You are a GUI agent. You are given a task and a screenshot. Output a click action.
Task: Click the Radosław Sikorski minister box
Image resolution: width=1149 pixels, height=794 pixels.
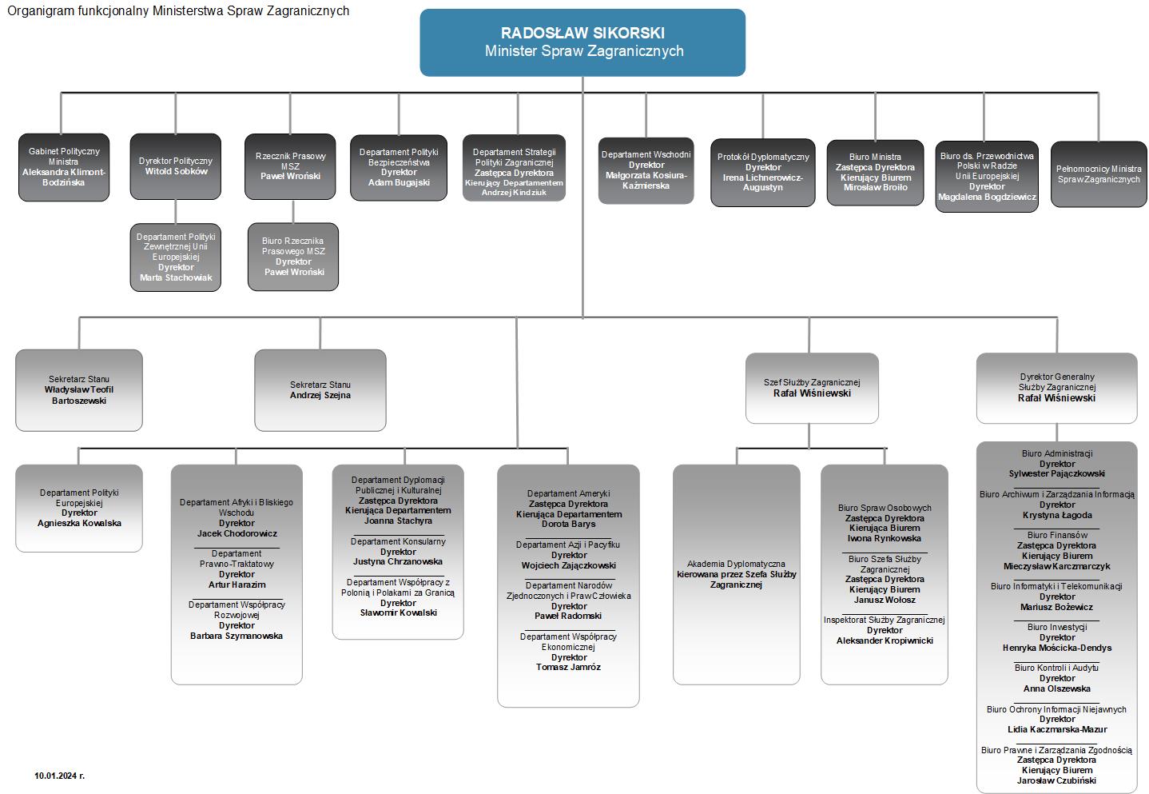tap(582, 42)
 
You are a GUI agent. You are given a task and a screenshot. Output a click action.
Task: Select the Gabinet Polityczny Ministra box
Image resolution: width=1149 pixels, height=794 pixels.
tap(64, 167)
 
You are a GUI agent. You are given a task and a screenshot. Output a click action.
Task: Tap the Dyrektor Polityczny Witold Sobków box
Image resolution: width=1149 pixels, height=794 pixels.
tap(175, 166)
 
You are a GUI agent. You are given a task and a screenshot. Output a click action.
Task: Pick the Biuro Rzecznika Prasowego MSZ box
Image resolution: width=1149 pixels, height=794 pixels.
tap(293, 257)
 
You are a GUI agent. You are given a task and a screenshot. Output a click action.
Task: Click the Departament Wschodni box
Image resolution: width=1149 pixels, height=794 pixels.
tap(646, 170)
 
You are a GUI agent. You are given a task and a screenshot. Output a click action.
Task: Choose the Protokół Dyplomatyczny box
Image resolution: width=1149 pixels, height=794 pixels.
tap(763, 173)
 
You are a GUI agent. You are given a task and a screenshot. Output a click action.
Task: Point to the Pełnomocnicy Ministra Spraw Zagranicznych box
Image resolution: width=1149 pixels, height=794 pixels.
tap(1098, 174)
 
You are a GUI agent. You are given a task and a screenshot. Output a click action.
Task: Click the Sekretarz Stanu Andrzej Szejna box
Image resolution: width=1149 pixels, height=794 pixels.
tap(320, 390)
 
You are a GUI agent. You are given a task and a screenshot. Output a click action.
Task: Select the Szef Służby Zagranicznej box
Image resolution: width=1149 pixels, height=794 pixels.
tap(812, 388)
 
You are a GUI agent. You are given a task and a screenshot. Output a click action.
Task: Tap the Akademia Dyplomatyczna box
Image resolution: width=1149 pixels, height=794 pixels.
tap(736, 574)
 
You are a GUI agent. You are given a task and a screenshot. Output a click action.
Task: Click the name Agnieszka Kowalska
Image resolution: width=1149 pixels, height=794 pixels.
tap(79, 523)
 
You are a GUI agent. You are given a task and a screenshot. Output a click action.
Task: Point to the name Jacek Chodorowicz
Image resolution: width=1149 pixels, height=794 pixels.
tap(237, 533)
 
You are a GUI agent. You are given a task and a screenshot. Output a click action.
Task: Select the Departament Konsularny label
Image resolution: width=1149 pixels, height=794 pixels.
tap(398, 541)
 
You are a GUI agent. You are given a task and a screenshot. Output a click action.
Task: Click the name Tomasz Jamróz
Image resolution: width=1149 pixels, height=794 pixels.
tap(568, 667)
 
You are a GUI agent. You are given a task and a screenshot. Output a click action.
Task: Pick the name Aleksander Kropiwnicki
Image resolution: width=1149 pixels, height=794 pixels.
tap(885, 640)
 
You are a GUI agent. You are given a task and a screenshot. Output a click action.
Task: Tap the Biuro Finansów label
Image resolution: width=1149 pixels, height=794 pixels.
tap(1056, 535)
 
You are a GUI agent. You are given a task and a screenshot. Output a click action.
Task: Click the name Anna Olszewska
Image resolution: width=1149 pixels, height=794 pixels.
tap(1056, 688)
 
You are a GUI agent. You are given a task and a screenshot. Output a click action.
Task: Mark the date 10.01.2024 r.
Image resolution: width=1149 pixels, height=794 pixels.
tap(59, 776)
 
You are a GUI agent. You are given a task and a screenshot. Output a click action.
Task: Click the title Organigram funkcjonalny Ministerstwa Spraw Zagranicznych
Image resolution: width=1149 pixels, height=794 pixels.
tap(178, 11)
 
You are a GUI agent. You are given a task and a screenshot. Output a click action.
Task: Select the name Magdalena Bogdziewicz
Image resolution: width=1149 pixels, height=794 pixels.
tap(987, 197)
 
